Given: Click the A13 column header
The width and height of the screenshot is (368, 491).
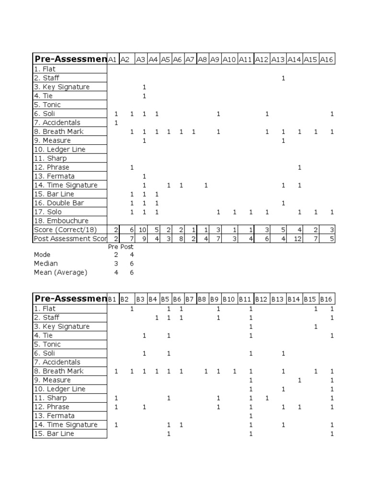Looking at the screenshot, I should point(278,59).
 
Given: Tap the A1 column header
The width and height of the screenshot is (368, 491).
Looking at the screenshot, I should point(112,59).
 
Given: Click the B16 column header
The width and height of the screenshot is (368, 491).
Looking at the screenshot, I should point(326,299).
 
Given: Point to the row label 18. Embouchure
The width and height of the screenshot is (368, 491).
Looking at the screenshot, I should point(61,221).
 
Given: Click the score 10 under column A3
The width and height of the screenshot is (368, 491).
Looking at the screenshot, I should point(142,230).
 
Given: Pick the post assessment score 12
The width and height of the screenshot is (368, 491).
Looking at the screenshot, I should point(298,239).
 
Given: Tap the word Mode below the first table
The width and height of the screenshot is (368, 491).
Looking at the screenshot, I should point(42,255).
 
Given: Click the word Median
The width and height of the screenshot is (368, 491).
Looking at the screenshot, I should point(46,263).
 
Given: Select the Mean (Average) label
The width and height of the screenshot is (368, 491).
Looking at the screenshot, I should point(60,272).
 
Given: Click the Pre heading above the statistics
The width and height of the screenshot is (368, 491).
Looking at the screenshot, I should point(113,246).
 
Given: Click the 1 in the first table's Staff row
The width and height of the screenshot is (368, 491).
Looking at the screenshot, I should point(283,78).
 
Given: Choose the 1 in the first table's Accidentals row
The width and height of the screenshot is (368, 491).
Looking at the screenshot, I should point(116,123).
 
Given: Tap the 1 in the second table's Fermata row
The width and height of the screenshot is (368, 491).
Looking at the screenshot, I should point(250,416).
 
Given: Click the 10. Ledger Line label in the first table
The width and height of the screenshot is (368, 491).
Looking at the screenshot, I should point(59,149).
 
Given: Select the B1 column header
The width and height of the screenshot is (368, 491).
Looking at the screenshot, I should point(112,299).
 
